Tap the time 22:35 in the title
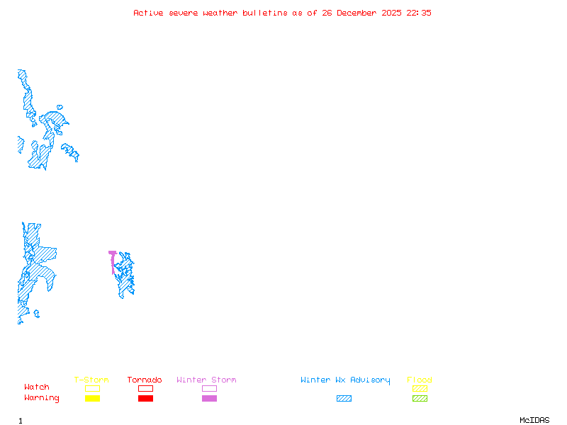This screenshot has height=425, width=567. (x=419, y=13)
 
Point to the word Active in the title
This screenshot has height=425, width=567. (x=148, y=13)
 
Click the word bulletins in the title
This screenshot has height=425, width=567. (x=265, y=13)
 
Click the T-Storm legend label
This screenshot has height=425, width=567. (x=91, y=380)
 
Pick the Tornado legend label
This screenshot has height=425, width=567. (x=145, y=380)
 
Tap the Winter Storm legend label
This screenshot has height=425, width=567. (x=206, y=380)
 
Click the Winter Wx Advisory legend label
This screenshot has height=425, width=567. (x=345, y=380)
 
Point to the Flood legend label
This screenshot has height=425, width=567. (x=420, y=380)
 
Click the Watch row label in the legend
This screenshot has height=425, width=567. (x=37, y=387)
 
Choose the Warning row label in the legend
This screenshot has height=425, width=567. (x=42, y=398)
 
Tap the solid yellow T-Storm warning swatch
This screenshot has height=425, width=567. (x=92, y=399)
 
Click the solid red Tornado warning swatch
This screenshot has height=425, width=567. (x=145, y=399)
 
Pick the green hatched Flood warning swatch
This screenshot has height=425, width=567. (x=420, y=399)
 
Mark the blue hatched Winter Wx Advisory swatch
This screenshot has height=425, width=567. (x=344, y=399)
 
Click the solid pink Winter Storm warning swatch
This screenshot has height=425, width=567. (x=209, y=399)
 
